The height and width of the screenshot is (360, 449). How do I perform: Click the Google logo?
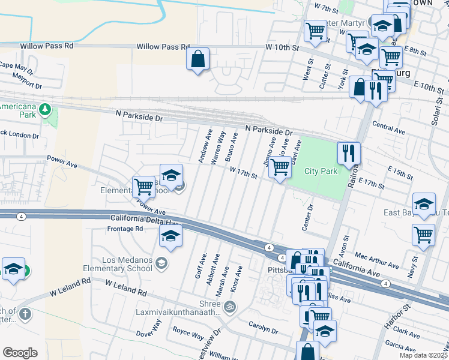pos(20,353)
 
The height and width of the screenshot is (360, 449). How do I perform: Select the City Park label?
pos(321,171)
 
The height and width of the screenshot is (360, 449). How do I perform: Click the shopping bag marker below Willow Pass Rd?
pos(197,60)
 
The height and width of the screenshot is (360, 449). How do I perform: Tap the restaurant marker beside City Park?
pos(349,153)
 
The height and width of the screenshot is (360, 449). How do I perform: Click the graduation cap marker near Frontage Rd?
pos(171,237)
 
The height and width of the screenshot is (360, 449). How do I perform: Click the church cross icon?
pos(25,314)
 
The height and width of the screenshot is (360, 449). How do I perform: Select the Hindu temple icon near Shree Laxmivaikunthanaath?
pos(229,307)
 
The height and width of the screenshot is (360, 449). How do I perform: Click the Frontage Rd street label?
pos(125,229)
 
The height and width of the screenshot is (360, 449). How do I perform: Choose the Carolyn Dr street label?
pos(263,327)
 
